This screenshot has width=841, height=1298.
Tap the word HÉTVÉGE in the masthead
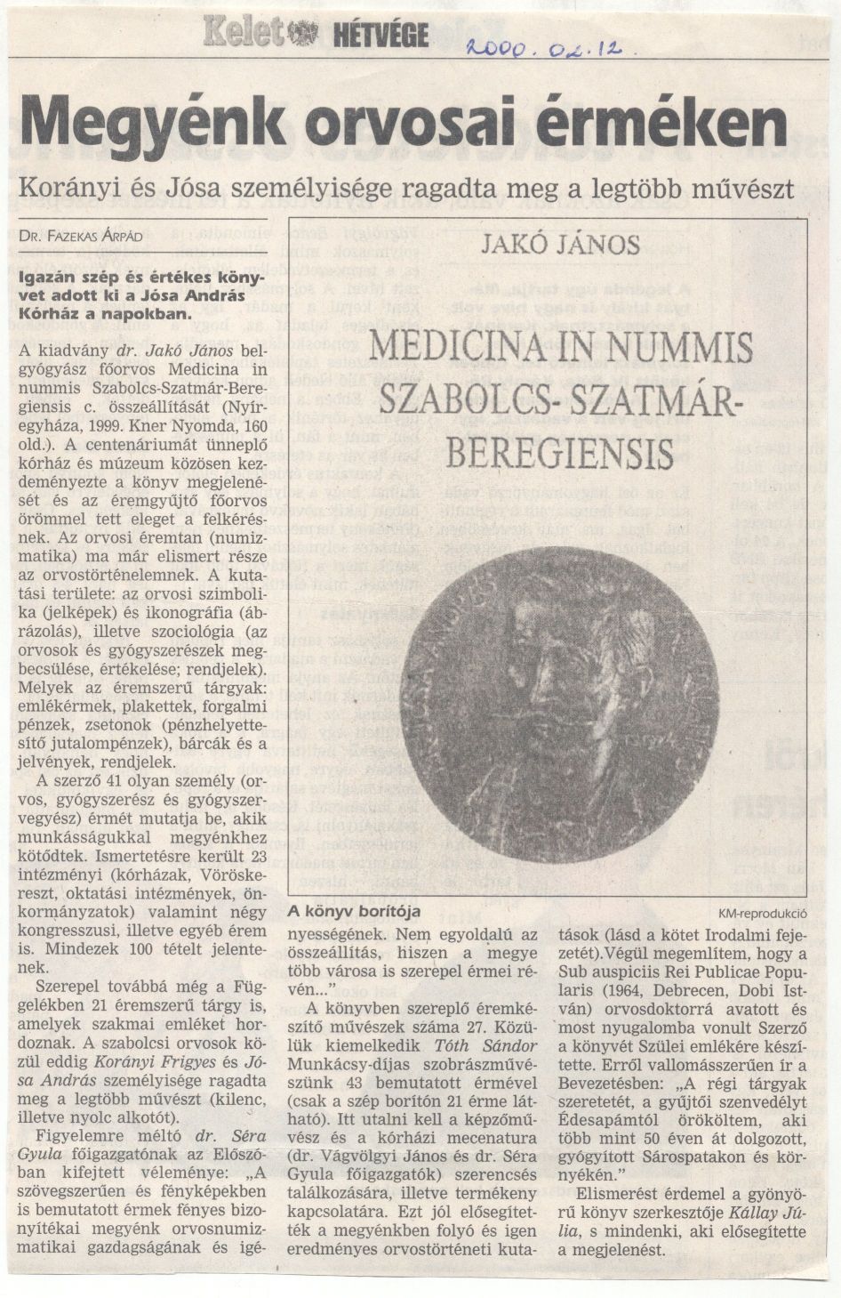(x=380, y=36)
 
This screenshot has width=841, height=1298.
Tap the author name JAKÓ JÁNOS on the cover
(x=560, y=244)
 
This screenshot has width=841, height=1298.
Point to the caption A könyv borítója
(x=353, y=911)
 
